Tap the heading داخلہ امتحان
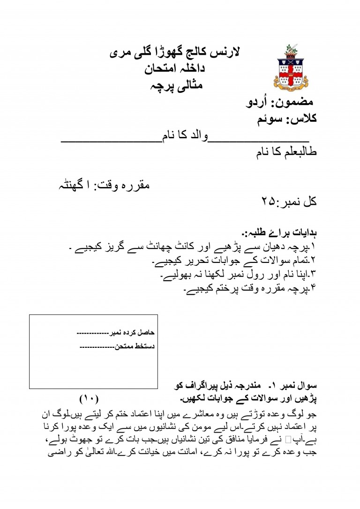point(179,69)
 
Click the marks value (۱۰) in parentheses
point(88,399)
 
